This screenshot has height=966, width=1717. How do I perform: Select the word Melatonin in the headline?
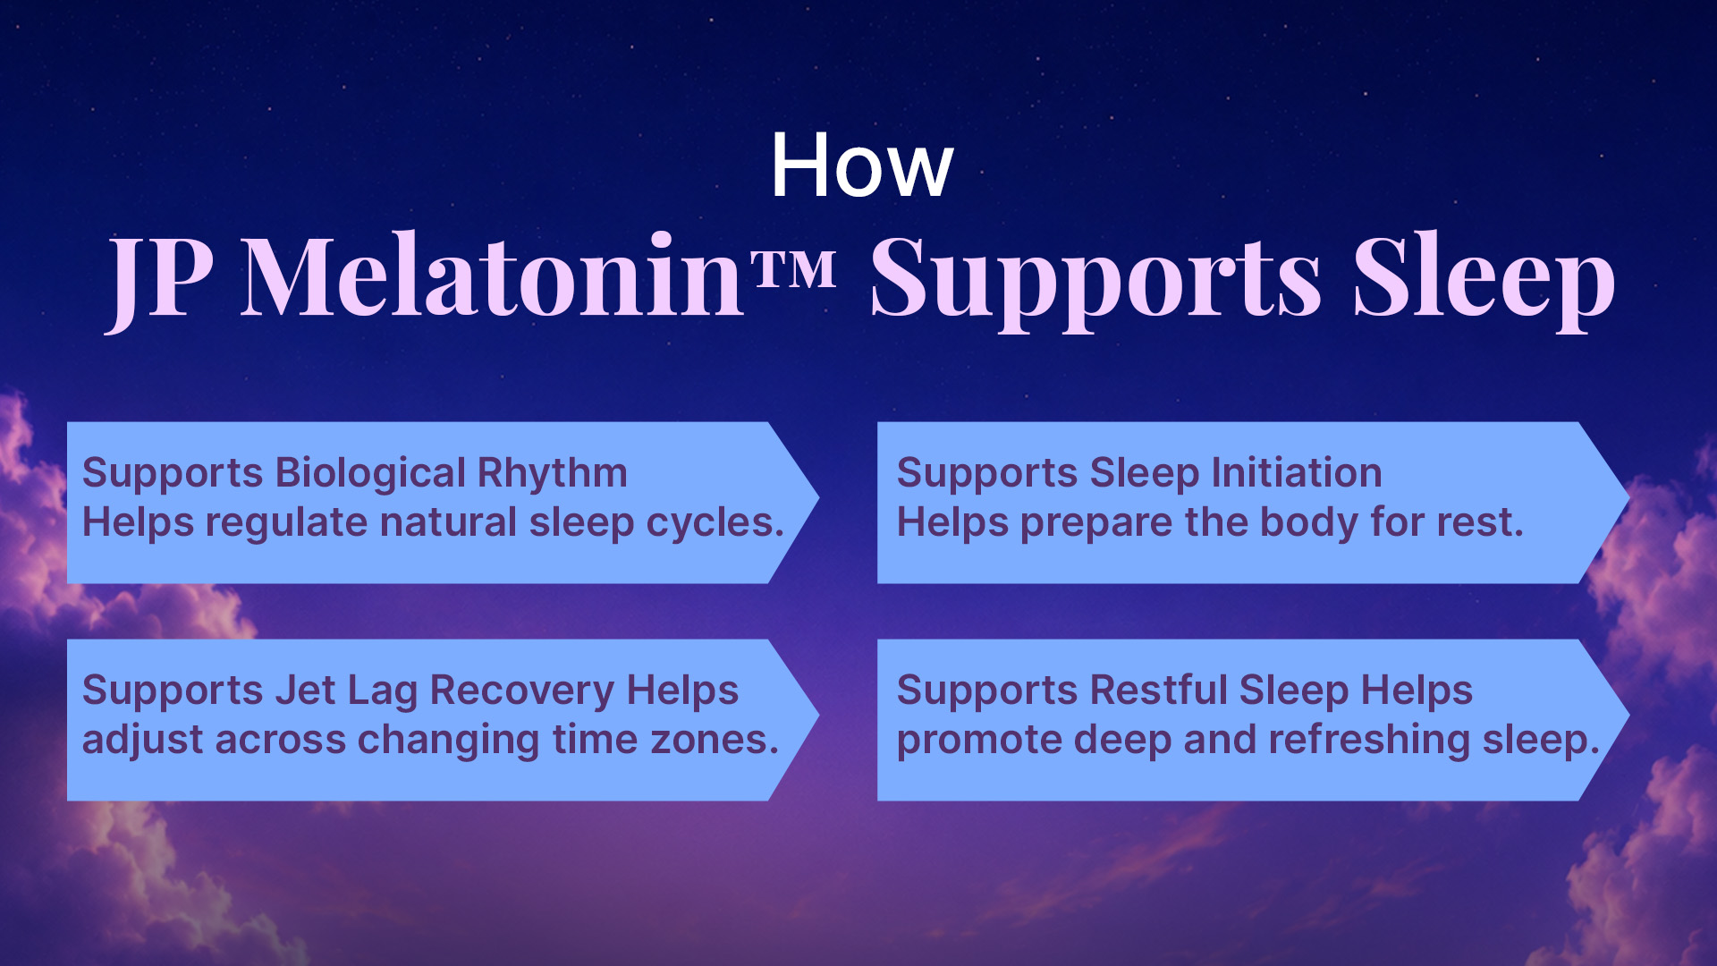(493, 274)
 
